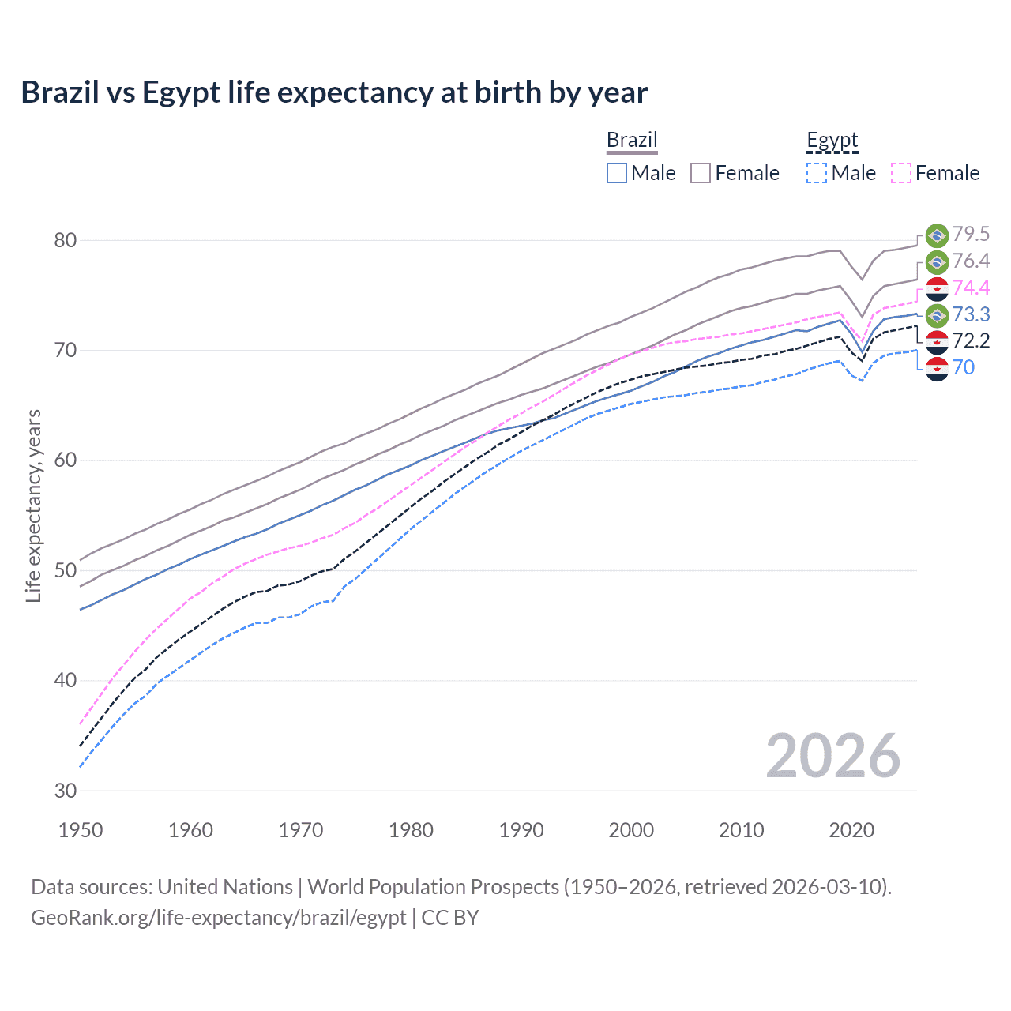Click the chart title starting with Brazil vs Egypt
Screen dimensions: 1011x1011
pyautogui.click(x=334, y=92)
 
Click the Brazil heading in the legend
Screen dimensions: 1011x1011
pyautogui.click(x=632, y=140)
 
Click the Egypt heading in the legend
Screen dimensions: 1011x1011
pyautogui.click(x=832, y=140)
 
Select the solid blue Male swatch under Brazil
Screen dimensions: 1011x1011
pyautogui.click(x=617, y=173)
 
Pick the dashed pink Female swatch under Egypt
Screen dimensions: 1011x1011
pyautogui.click(x=901, y=173)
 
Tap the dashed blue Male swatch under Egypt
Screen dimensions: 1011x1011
pyautogui.click(x=817, y=173)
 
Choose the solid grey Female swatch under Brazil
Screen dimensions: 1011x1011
pyautogui.click(x=701, y=173)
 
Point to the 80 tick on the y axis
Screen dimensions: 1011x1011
pyautogui.click(x=65, y=240)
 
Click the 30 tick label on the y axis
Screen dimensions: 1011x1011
pyautogui.click(x=65, y=791)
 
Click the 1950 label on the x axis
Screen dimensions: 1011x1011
pyautogui.click(x=81, y=830)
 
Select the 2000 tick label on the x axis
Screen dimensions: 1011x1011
pyautogui.click(x=631, y=830)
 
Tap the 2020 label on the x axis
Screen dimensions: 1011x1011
pyautogui.click(x=851, y=830)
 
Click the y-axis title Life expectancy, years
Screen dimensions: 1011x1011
pyautogui.click(x=33, y=505)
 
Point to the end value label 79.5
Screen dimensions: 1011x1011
pyautogui.click(x=971, y=234)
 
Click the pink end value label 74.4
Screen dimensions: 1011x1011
pyautogui.click(x=971, y=288)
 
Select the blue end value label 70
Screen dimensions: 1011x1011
pyautogui.click(x=964, y=367)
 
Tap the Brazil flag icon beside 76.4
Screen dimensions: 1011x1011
pyautogui.click(x=937, y=262)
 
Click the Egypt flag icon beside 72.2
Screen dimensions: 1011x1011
pyautogui.click(x=937, y=342)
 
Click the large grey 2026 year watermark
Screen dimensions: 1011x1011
pyautogui.click(x=832, y=756)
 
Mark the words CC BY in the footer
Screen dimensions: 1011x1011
pyautogui.click(x=450, y=918)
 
